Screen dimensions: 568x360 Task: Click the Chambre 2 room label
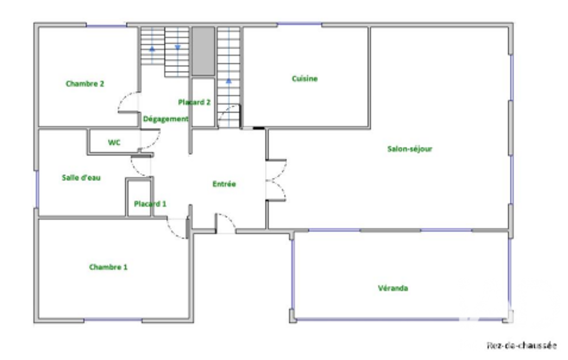85,84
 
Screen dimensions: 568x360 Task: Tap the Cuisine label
305,79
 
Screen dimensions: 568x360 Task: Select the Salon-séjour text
410,149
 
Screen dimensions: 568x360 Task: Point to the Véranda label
393,289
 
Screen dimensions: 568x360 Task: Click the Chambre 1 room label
108,268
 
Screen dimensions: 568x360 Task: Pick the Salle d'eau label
81,177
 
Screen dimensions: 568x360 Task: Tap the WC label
114,143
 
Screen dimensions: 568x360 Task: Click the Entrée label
224,184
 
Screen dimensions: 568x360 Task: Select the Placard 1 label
150,204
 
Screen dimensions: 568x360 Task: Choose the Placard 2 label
194,102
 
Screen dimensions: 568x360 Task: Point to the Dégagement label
166,119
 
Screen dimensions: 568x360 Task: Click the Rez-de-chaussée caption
521,345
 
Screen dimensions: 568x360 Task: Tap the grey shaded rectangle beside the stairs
203,51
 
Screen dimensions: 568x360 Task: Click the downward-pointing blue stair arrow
177,48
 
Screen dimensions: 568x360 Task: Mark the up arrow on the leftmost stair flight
152,49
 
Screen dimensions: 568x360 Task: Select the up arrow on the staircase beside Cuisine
228,81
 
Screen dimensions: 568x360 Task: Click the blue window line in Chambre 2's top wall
106,25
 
